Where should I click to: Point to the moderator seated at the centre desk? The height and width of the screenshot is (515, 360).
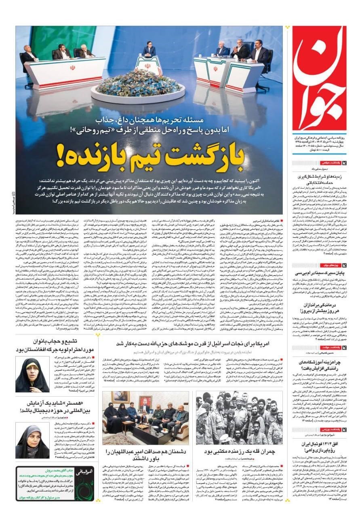(149, 51)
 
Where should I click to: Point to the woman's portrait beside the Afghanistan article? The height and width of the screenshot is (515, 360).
(32, 374)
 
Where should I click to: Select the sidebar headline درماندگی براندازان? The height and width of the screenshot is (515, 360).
(322, 307)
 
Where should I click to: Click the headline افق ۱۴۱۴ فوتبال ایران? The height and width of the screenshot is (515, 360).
(321, 447)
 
